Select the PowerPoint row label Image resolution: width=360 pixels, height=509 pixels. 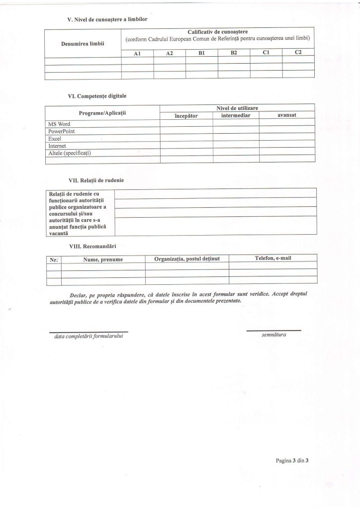[x=61, y=130]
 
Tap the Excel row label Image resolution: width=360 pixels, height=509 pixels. [x=54, y=138]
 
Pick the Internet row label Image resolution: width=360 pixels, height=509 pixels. [x=57, y=146]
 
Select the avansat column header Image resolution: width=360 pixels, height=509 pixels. [x=287, y=115]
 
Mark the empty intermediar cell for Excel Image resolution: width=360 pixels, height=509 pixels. [x=236, y=138]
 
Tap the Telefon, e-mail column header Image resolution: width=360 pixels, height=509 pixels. [x=272, y=258]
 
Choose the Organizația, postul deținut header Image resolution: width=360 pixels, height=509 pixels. [x=186, y=259]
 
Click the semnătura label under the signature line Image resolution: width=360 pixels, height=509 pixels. [x=273, y=335]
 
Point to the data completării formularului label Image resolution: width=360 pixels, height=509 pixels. [x=89, y=337]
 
